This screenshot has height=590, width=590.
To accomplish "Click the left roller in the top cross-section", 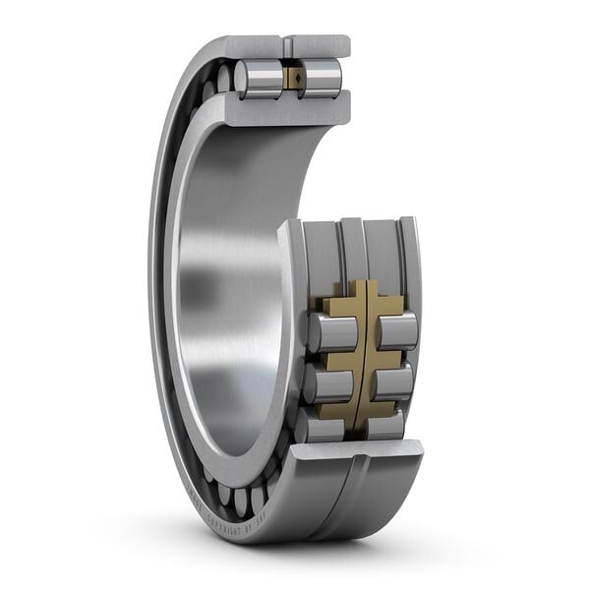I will tap(259, 78).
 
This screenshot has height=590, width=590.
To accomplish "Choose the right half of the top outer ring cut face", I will tap(319, 45).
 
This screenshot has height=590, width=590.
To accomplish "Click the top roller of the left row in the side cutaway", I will tap(330, 332).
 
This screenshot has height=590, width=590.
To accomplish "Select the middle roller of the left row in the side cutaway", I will tap(327, 383).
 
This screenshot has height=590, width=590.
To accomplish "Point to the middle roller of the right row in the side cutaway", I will tap(392, 382).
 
